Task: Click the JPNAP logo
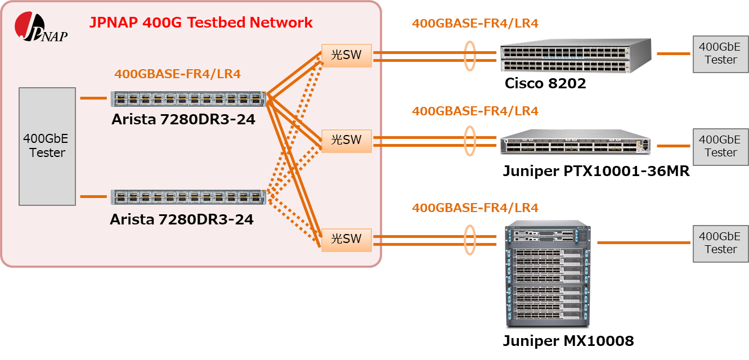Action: pos(40,27)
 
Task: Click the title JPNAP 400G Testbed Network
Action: pos(201,22)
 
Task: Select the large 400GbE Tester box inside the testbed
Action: pos(47,146)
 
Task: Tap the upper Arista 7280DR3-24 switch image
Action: pos(189,99)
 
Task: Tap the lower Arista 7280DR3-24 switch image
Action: pos(189,197)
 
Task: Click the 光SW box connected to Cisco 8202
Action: pos(347,56)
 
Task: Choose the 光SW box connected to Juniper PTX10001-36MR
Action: pos(347,141)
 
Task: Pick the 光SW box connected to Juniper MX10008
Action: pos(347,240)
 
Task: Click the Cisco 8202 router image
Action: pos(576,56)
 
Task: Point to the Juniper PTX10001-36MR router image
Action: pos(576,142)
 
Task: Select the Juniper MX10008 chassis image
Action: pos(548,273)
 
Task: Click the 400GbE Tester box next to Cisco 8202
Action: pos(720,54)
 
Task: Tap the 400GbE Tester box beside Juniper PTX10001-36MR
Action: pos(720,147)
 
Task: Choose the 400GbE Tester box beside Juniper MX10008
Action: pos(720,244)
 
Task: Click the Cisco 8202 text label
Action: pos(545,83)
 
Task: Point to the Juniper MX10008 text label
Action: pos(568,341)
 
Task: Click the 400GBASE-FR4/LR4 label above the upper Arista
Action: pos(178,74)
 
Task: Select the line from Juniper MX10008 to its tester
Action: pos(644,242)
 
